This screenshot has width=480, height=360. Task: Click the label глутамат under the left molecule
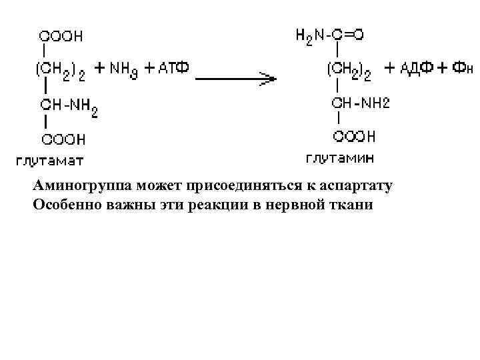pos(50,160)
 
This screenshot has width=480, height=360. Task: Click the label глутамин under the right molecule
pos(340,158)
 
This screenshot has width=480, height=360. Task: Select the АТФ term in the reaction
pos(172,68)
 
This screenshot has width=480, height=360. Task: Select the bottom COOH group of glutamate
pos(64,139)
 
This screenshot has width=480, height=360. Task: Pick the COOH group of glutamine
pos(354,137)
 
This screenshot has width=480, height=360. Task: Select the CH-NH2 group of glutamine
pos(361,103)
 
